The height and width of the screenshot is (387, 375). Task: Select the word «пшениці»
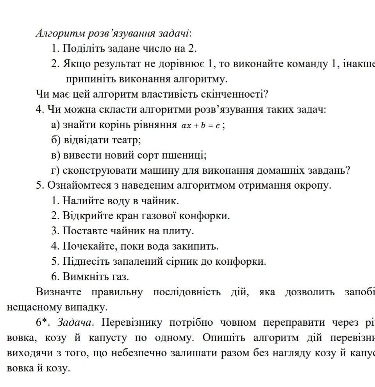pos(188,155)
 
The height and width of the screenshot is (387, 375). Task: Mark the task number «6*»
pos(44,323)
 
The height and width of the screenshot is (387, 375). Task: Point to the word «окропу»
pos(313,185)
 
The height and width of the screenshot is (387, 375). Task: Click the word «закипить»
pos(197,246)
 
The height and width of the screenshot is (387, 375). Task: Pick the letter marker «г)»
pos(55,171)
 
